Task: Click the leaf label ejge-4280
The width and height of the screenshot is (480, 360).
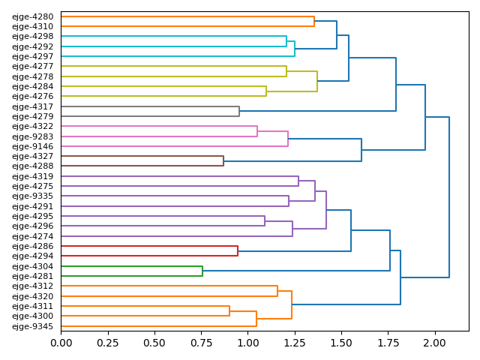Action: click(x=32, y=16)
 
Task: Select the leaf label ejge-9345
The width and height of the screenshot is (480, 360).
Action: click(x=32, y=326)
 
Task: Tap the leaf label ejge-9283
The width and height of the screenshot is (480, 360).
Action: click(x=32, y=136)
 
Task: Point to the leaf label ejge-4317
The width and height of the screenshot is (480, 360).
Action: click(x=32, y=106)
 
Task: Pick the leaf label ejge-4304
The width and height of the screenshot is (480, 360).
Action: click(x=32, y=266)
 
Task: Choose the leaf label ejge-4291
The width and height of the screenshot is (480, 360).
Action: click(x=32, y=206)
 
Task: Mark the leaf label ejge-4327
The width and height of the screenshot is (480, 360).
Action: click(x=32, y=156)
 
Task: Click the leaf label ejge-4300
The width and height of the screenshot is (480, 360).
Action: click(x=32, y=316)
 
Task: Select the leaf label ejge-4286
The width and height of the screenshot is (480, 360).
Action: click(x=32, y=246)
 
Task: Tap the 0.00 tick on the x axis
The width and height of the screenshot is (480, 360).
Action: click(x=61, y=343)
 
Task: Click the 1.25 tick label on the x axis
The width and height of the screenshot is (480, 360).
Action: click(x=295, y=343)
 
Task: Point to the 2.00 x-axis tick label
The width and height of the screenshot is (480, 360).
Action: click(x=435, y=343)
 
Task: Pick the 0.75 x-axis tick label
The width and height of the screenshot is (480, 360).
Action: click(x=201, y=343)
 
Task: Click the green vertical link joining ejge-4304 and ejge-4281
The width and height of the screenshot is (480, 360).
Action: click(x=202, y=271)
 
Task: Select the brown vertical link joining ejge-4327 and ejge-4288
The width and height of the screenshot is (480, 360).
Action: click(x=223, y=161)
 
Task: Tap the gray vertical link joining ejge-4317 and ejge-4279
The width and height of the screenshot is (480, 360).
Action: click(x=239, y=111)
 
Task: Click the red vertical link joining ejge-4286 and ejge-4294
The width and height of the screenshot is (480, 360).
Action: click(x=238, y=251)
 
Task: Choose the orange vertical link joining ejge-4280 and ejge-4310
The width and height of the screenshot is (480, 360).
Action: click(x=314, y=21)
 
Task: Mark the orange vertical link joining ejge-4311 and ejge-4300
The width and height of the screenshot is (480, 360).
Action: click(x=229, y=311)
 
